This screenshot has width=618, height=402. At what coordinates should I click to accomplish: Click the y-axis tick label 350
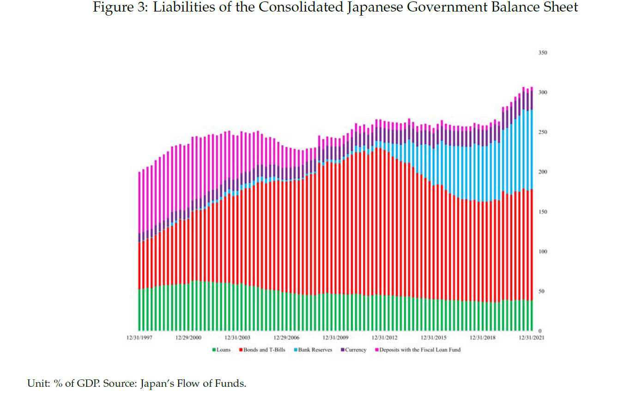543,53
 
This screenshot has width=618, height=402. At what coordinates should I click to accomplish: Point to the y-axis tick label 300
543,93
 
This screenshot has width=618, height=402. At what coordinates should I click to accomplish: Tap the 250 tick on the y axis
543,132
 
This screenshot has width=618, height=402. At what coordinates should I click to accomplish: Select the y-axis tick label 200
543,172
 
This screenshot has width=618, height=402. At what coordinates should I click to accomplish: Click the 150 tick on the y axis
543,212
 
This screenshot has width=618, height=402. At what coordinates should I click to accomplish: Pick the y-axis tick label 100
543,252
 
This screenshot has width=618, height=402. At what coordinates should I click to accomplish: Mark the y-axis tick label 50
541,291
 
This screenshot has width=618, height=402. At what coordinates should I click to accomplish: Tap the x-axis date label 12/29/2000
188,338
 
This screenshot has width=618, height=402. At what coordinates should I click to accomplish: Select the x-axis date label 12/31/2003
238,338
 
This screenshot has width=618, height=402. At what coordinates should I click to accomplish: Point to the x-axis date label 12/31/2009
336,338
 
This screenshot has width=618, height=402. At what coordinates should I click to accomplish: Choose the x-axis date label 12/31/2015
434,338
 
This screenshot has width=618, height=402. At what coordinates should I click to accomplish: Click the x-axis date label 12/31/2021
531,338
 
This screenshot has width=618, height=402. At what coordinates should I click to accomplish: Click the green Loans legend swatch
214,350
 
